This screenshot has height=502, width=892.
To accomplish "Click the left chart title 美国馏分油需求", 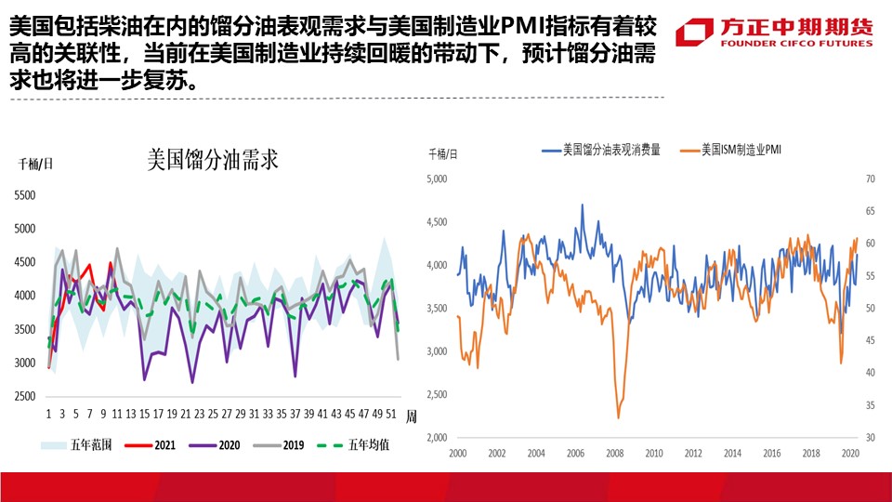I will [x=214, y=160].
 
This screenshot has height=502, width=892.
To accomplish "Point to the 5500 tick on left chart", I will [x=24, y=195].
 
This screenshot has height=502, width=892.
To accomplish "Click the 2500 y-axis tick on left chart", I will [x=24, y=397].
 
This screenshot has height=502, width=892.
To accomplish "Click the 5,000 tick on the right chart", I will [x=437, y=179].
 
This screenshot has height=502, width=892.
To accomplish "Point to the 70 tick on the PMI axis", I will [x=871, y=179].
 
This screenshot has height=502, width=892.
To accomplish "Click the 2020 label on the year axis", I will [x=849, y=454].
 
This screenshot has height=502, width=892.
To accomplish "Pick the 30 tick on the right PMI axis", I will [x=871, y=437].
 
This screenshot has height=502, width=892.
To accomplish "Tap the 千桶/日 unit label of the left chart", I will [x=36, y=165].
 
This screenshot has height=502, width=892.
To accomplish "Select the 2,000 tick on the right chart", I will [x=437, y=437].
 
